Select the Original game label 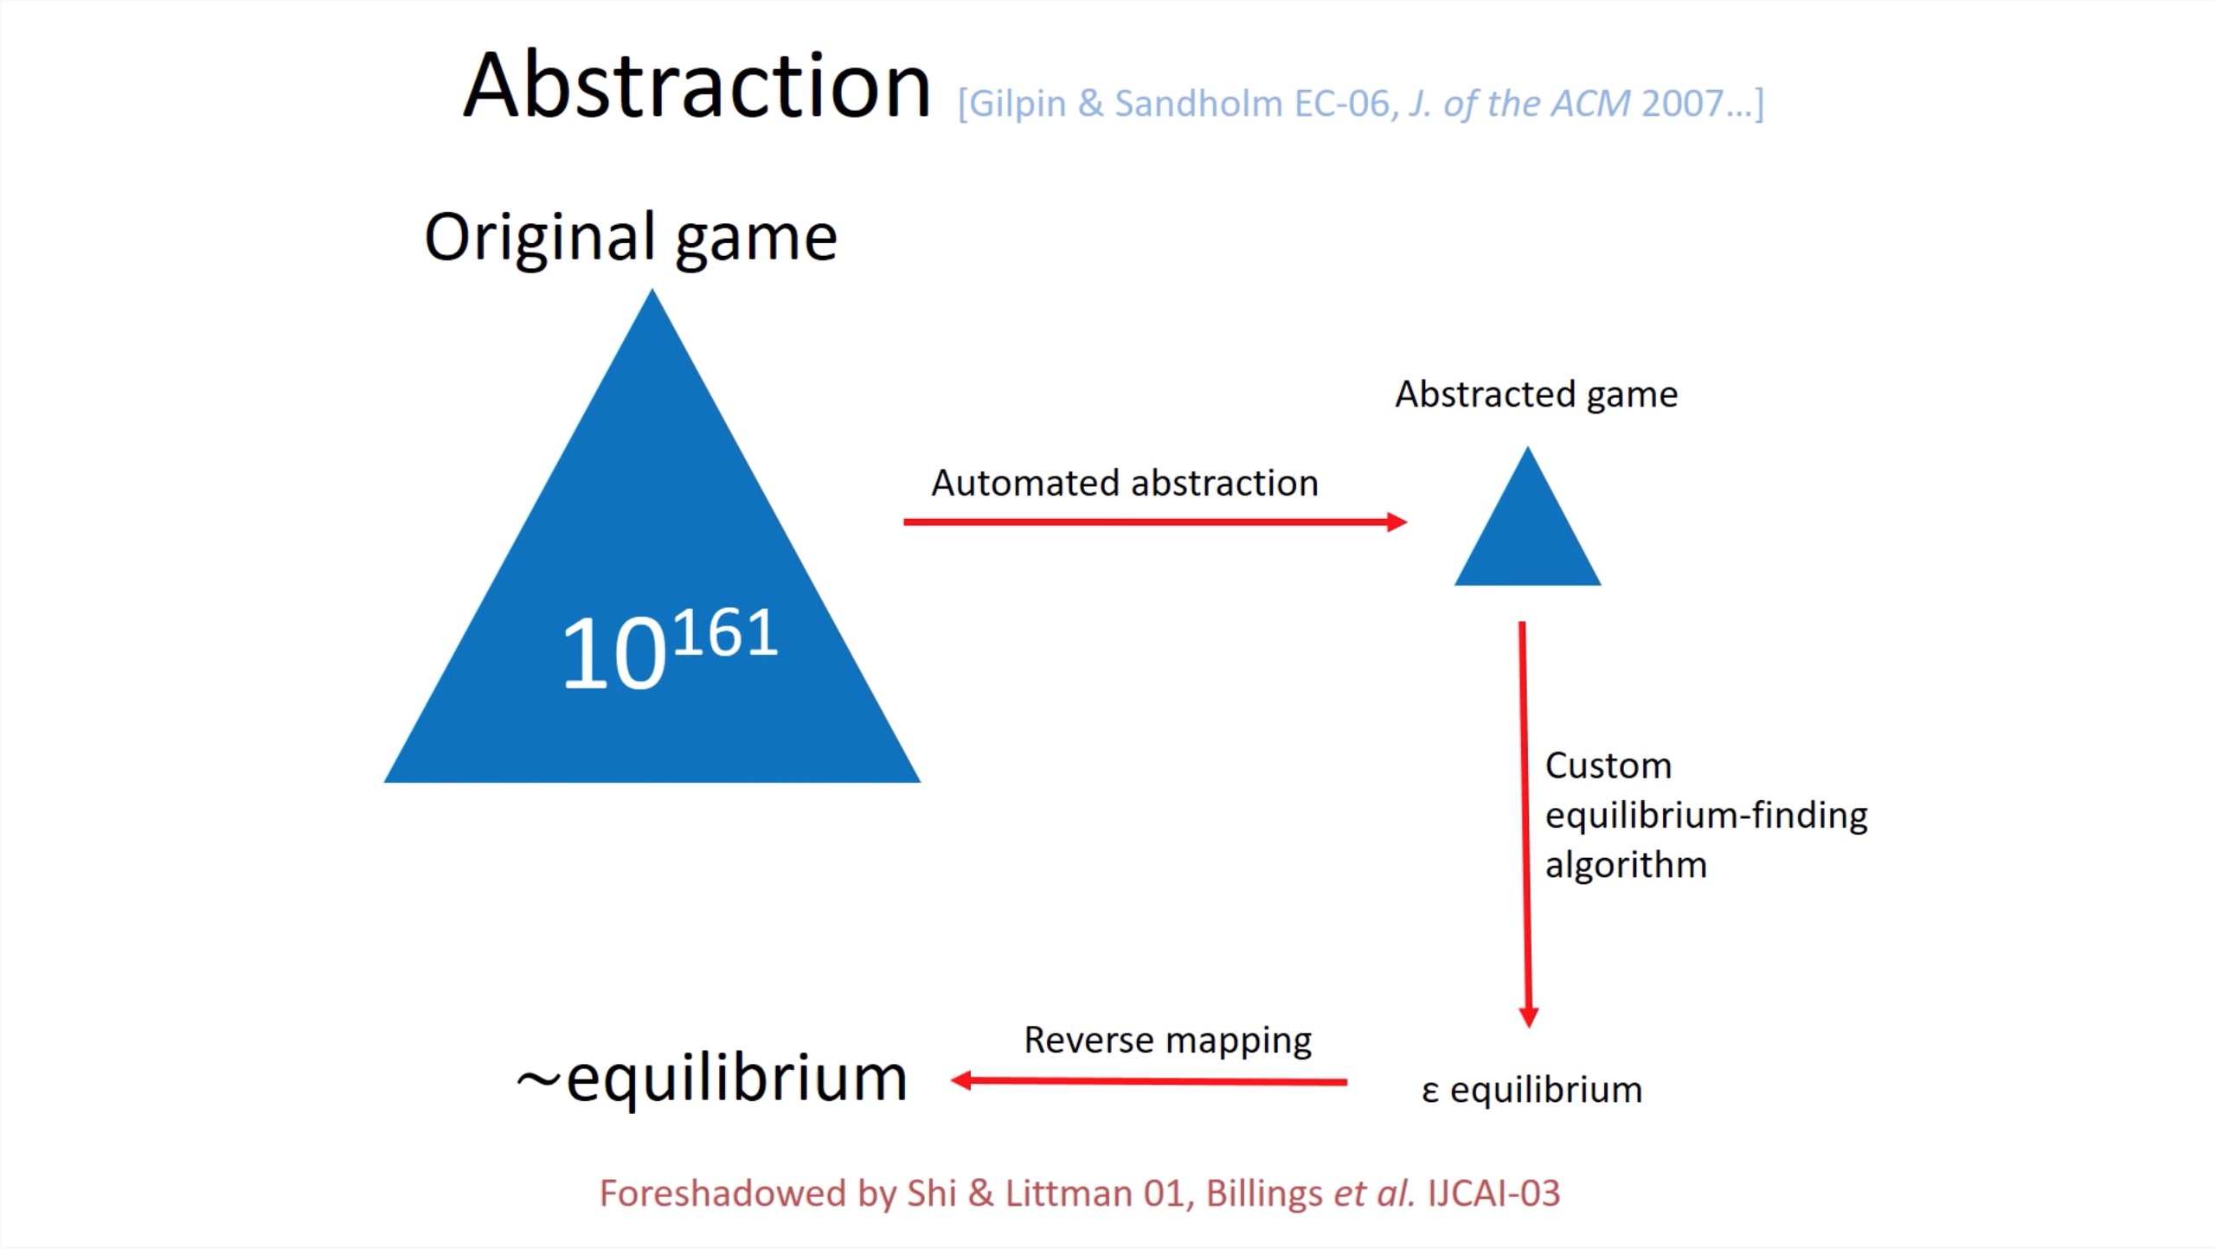(x=631, y=238)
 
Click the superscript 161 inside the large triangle (x=725, y=633)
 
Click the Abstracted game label (x=1536, y=394)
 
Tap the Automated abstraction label (x=1125, y=483)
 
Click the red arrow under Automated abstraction (x=1155, y=522)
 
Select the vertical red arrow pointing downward (x=1525, y=824)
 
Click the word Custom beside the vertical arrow (x=1608, y=765)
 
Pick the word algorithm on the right (x=1626, y=865)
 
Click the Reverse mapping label (x=1168, y=1041)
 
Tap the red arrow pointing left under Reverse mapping (x=1148, y=1080)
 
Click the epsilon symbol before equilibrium (x=1429, y=1092)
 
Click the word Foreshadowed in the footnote (x=722, y=1194)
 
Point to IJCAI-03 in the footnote (x=1493, y=1194)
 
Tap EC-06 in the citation (x=1344, y=104)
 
